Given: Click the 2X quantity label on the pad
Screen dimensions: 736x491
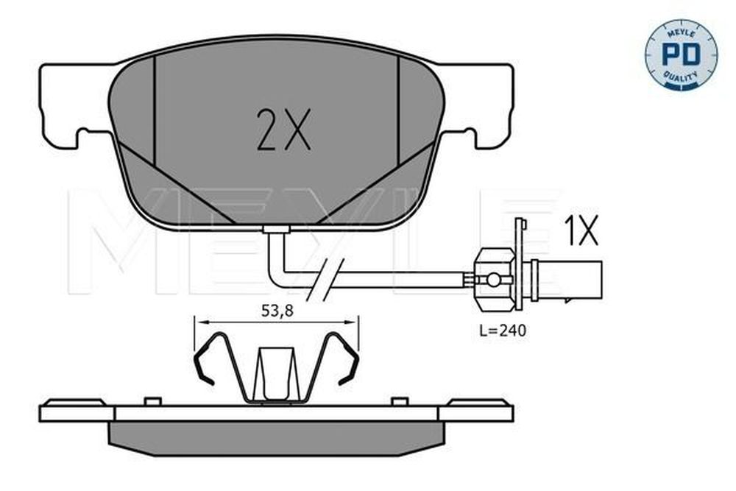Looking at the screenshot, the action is [x=283, y=130].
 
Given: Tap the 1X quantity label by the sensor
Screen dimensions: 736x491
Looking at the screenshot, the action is [x=581, y=230].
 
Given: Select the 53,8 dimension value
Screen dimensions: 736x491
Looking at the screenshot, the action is [x=277, y=311].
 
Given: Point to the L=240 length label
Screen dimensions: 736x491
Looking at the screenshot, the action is [x=503, y=331].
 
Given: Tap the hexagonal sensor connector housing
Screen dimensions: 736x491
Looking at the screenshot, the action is [x=495, y=280].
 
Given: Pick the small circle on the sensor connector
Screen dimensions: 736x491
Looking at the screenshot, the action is [x=493, y=280].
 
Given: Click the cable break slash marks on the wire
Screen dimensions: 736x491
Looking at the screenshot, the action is [x=326, y=280].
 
